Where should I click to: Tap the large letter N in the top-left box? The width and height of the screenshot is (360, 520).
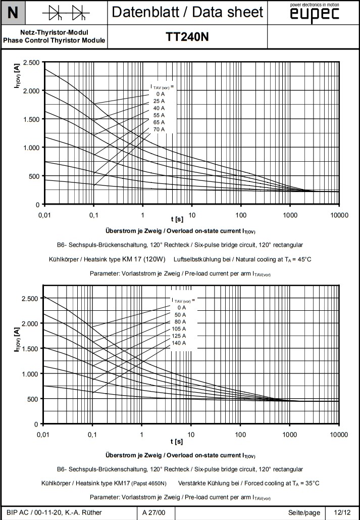click(x=13, y=13)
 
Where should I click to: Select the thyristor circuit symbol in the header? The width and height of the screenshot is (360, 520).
click(x=63, y=13)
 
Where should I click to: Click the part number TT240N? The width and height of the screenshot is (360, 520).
click(x=187, y=37)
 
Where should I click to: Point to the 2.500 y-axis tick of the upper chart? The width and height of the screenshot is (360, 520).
click(x=31, y=62)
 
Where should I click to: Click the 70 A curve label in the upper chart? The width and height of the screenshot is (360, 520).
click(x=159, y=130)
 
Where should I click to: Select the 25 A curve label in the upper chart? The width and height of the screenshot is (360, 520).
click(x=159, y=102)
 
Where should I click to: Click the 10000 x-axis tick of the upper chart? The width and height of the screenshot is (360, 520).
click(x=339, y=215)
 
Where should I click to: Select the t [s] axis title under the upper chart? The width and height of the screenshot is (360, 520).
click(x=177, y=219)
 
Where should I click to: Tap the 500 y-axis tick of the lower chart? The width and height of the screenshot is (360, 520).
click(x=31, y=399)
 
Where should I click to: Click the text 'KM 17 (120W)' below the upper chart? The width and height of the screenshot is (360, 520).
click(x=146, y=259)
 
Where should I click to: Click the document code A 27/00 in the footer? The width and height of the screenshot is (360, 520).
click(x=152, y=512)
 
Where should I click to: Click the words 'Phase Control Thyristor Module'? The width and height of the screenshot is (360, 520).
click(x=54, y=40)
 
